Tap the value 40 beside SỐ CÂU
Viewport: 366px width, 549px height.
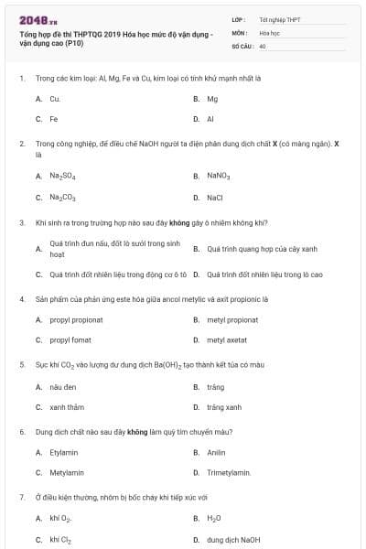click(263, 46)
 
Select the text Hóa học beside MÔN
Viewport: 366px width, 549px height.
click(268, 32)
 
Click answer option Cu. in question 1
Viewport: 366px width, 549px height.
click(55, 98)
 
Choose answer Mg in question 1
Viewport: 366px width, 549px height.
click(212, 98)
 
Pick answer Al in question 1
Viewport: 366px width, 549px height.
click(210, 119)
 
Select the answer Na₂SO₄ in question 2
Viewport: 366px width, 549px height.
click(62, 176)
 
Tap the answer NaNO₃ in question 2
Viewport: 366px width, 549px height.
click(219, 176)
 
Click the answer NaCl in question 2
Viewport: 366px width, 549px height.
click(215, 197)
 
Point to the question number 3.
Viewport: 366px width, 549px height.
click(21, 222)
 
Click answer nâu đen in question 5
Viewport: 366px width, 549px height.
click(61, 386)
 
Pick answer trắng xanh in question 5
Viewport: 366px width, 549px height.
click(224, 407)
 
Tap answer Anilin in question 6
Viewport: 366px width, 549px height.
click(216, 452)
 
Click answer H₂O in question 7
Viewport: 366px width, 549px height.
click(214, 519)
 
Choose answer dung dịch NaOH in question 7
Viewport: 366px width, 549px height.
click(233, 540)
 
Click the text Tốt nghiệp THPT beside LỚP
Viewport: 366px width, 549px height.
click(279, 18)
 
